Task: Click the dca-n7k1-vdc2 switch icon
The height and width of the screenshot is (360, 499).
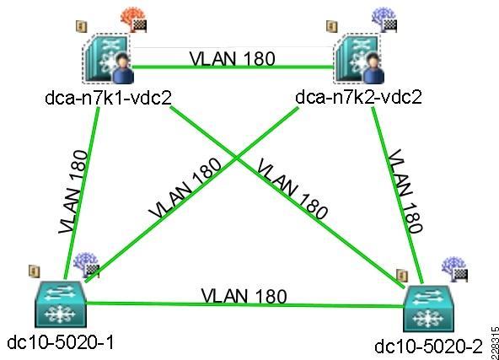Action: point(108,59)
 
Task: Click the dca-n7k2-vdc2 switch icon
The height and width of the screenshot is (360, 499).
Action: point(359,59)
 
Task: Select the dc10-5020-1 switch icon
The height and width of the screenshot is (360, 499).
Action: point(60,304)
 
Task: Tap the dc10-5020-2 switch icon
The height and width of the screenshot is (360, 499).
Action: point(428,308)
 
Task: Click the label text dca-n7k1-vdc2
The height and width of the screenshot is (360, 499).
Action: point(108,98)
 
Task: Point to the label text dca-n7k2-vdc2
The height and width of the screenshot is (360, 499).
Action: point(359,97)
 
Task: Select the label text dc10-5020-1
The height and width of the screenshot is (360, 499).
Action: point(60,342)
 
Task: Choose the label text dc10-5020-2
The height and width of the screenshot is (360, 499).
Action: point(428,347)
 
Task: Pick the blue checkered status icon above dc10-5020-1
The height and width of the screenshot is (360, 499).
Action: point(86,265)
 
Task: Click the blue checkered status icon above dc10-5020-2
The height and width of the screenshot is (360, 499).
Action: point(454,269)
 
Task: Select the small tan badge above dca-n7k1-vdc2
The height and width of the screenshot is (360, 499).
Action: point(81,26)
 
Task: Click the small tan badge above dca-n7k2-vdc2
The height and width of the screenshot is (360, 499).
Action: point(332,26)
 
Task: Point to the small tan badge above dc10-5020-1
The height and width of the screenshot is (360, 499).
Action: point(35,271)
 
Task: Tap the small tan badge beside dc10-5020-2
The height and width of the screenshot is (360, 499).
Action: point(402,276)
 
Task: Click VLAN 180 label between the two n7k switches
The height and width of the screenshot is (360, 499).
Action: point(233,58)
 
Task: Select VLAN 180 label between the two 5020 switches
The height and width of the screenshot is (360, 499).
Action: point(244,296)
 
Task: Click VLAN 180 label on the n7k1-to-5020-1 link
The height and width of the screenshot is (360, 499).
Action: point(72,192)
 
